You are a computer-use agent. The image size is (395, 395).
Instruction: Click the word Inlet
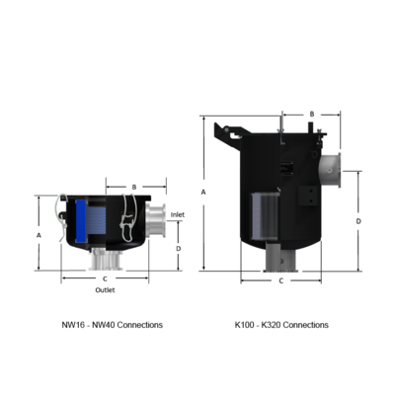click(x=178, y=213)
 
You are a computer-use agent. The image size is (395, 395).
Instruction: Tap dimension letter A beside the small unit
click(x=38, y=236)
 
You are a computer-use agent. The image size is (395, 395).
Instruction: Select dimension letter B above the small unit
click(x=134, y=186)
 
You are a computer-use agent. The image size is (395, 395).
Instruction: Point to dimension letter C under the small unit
click(x=105, y=279)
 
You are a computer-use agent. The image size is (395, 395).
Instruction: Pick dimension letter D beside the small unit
click(x=178, y=249)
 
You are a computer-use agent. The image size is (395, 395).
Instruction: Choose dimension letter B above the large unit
click(x=311, y=115)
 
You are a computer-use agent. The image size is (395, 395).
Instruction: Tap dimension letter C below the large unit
click(x=280, y=280)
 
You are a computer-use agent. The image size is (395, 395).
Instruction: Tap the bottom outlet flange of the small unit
click(x=104, y=261)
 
